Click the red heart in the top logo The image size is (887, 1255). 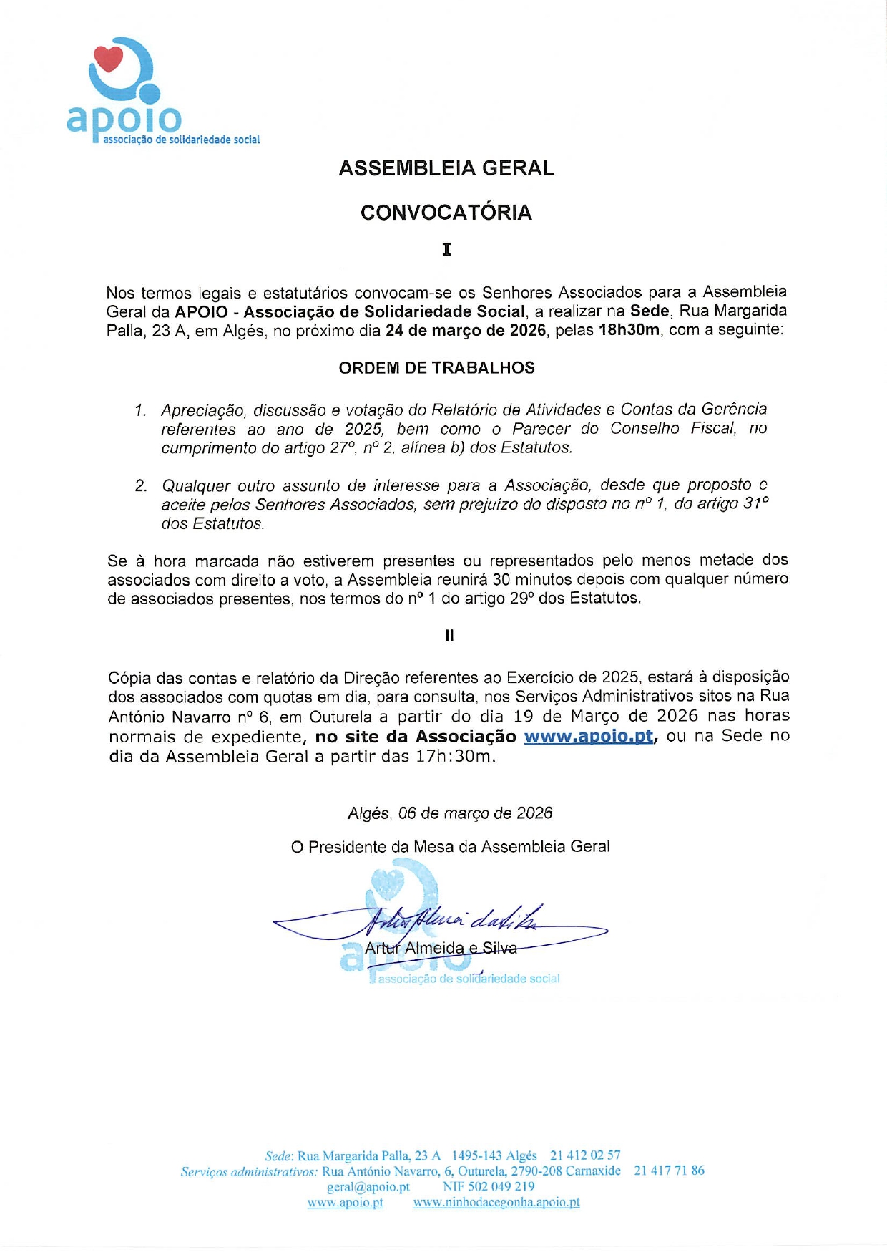[x=109, y=59]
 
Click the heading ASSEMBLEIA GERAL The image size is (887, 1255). [x=446, y=168]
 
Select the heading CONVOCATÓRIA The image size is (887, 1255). [x=446, y=213]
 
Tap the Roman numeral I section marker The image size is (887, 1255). [x=446, y=249]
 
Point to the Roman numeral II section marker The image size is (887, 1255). [x=449, y=636]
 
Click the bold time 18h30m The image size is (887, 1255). [x=629, y=331]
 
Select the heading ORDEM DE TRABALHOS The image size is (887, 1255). [x=436, y=368]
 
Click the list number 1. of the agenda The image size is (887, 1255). [x=140, y=410]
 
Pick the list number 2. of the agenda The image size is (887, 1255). [x=141, y=486]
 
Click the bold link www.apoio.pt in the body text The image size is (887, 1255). [x=588, y=736]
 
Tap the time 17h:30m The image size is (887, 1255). [x=455, y=757]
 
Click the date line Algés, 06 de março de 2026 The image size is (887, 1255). [x=450, y=813]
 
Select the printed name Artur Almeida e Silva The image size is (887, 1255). [x=441, y=949]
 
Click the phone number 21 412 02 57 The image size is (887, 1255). [x=585, y=1155]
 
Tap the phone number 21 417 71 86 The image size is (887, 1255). [x=669, y=1171]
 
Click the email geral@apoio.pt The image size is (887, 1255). [x=368, y=1187]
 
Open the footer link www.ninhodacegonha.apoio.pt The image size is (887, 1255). [x=496, y=1203]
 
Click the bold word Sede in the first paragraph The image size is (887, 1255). [x=650, y=311]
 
